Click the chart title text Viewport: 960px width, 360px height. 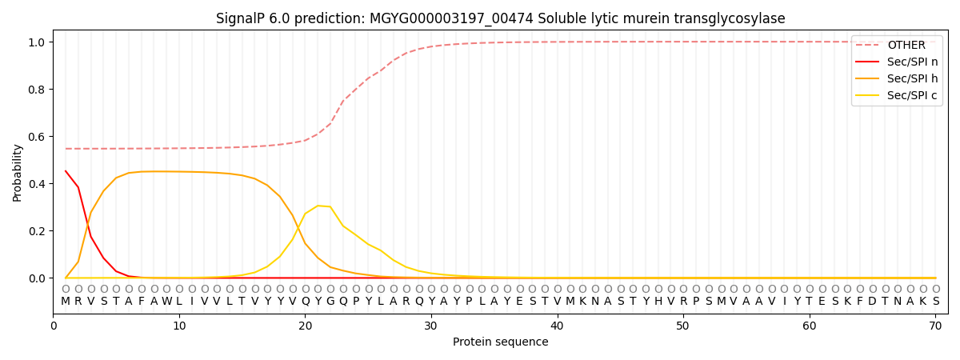(x=500, y=18)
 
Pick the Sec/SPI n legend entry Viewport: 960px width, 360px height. (x=912, y=62)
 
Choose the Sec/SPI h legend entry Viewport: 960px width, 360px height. (x=912, y=78)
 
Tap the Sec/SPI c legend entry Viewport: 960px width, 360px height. (x=912, y=95)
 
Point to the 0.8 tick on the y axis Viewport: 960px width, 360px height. (x=38, y=90)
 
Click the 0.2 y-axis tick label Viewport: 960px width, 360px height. (x=38, y=231)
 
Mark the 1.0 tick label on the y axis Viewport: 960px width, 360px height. (x=38, y=42)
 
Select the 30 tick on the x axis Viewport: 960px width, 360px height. (x=430, y=326)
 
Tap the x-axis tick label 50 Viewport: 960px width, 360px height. (x=682, y=326)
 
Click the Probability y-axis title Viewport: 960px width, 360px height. (x=18, y=172)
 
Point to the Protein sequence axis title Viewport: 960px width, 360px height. (x=500, y=342)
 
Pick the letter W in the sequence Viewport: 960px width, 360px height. (x=166, y=302)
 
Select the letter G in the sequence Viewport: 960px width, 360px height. (x=330, y=302)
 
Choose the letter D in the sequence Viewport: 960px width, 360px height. (x=873, y=302)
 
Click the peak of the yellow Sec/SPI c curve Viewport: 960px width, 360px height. (x=318, y=206)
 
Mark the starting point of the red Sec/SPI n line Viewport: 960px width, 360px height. (x=66, y=170)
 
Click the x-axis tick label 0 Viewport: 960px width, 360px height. (x=54, y=326)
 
